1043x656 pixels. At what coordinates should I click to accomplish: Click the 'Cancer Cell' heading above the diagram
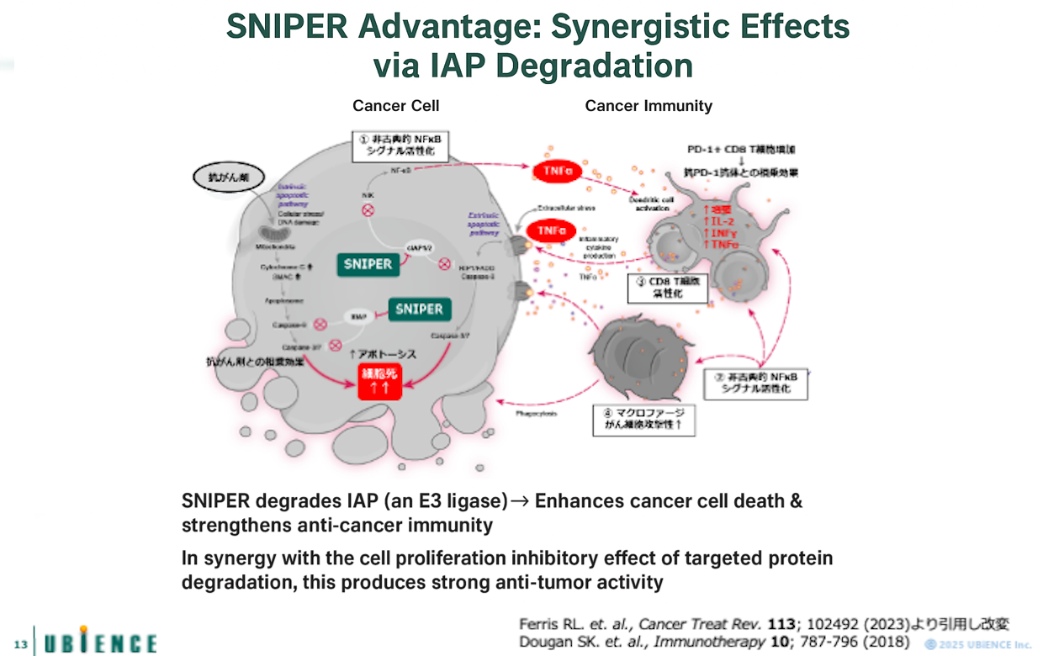tap(395, 105)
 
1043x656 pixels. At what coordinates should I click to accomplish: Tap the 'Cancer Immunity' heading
tap(649, 105)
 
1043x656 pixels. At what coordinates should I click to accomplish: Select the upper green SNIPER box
tap(368, 264)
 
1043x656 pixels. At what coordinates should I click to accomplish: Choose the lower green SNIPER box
tap(419, 309)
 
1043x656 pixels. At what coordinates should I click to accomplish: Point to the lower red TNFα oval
tap(550, 230)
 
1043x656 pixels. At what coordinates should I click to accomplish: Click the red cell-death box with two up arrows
tap(380, 382)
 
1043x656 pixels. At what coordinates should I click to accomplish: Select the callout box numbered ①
tap(400, 145)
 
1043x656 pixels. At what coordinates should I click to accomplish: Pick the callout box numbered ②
tap(754, 383)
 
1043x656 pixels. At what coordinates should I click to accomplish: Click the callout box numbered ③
tap(668, 287)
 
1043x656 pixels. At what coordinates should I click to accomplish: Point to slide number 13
tap(20, 645)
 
